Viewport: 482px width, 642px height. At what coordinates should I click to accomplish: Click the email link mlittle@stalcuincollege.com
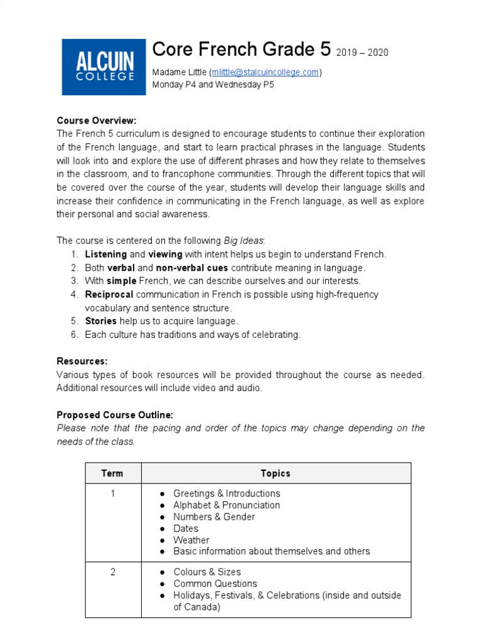point(265,72)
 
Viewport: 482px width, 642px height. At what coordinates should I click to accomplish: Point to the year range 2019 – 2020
point(362,53)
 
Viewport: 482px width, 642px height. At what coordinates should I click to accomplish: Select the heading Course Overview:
point(96,120)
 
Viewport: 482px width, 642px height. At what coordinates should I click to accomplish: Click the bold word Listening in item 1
point(105,254)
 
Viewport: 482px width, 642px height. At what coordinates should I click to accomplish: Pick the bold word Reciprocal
point(109,294)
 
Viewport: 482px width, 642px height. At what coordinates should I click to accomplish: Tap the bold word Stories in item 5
point(100,321)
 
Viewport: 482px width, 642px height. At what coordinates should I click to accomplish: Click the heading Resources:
point(82,361)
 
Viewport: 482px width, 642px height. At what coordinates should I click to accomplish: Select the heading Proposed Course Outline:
point(115,415)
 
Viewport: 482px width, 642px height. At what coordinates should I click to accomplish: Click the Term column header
point(112,473)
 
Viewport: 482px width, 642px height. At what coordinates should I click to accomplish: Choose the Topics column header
point(276,473)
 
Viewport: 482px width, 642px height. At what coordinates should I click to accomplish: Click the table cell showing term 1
point(113,493)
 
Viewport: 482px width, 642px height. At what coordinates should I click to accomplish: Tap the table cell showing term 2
point(113,572)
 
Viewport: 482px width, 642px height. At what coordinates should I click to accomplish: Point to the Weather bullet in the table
point(191,540)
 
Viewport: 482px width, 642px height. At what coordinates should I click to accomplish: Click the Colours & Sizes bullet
point(207,572)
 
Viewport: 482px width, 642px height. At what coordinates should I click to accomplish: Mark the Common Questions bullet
point(215,583)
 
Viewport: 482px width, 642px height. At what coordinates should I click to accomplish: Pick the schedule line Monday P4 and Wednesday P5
point(213,84)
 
